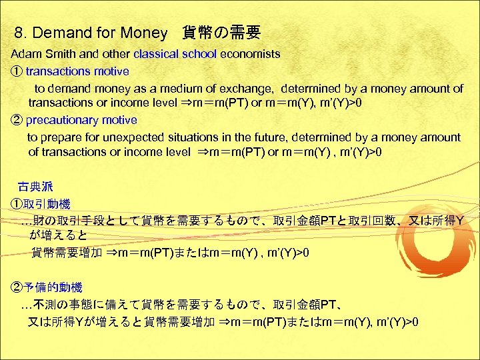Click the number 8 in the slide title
click(18, 32)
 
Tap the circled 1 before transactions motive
click(17, 71)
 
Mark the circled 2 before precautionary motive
click(17, 120)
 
